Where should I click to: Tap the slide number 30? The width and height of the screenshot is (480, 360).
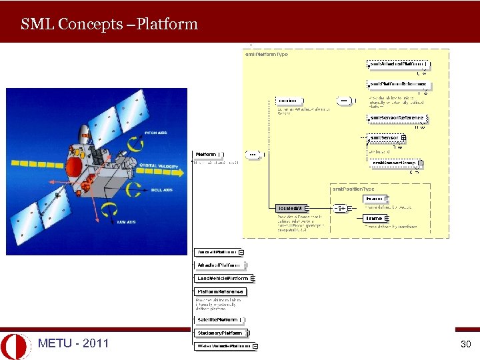point(465,345)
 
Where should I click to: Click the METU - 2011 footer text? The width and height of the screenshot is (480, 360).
point(73,344)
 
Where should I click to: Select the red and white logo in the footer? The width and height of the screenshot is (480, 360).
point(15,345)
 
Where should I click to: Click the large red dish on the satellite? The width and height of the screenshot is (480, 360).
point(74,164)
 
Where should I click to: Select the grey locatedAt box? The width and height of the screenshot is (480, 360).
point(290,209)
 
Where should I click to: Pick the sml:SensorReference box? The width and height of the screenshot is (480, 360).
point(396,119)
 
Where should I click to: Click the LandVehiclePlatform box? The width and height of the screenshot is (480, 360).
point(223,278)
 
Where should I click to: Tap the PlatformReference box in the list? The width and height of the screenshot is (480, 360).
point(220,291)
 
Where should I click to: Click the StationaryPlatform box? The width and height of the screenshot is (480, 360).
point(219,333)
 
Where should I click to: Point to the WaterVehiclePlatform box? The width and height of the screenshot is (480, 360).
point(224,346)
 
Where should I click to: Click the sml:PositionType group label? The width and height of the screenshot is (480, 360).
point(353,189)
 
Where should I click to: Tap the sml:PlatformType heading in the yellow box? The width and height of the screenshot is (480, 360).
point(267,55)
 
